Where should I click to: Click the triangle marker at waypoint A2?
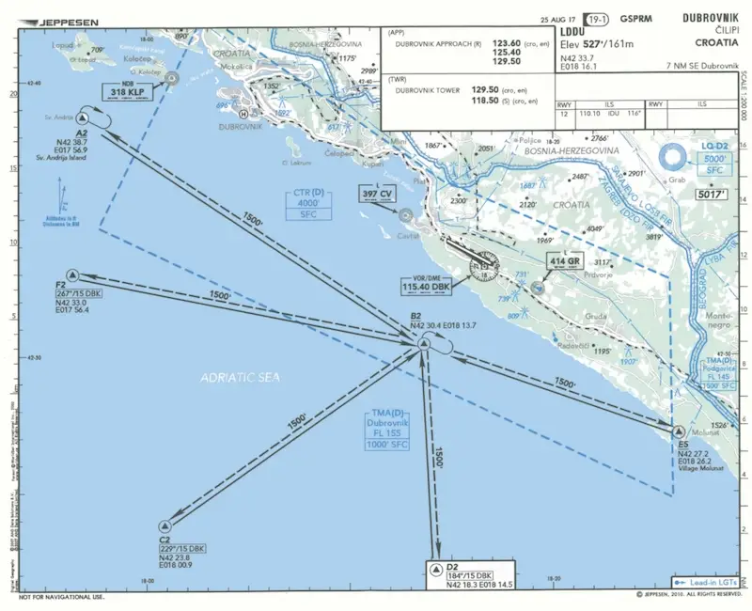[83, 118]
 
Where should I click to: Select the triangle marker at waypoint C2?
[165, 526]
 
